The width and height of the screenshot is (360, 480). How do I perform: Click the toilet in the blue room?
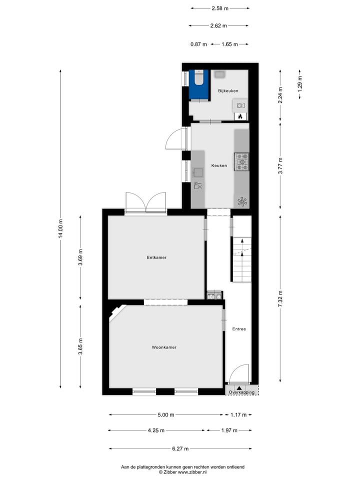click(198, 78)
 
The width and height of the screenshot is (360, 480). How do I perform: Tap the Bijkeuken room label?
click(227, 90)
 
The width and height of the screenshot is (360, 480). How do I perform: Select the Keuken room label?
click(219, 165)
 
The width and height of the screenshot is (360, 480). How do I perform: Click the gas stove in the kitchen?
click(242, 161)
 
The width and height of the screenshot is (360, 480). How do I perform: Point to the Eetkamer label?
click(156, 257)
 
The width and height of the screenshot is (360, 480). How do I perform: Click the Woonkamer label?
click(164, 347)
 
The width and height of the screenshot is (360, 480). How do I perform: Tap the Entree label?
click(239, 329)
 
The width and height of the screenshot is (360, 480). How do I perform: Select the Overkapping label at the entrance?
click(241, 392)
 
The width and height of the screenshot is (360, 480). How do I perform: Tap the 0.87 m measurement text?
click(198, 44)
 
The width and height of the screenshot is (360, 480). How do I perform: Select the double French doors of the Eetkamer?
click(145, 202)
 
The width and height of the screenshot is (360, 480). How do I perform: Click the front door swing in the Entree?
click(238, 373)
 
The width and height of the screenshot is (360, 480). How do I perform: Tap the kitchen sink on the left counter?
click(198, 173)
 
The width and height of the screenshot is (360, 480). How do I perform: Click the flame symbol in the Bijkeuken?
click(240, 116)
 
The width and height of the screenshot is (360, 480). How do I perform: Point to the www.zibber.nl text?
click(192, 471)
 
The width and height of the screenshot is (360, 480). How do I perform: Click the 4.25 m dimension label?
click(156, 430)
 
